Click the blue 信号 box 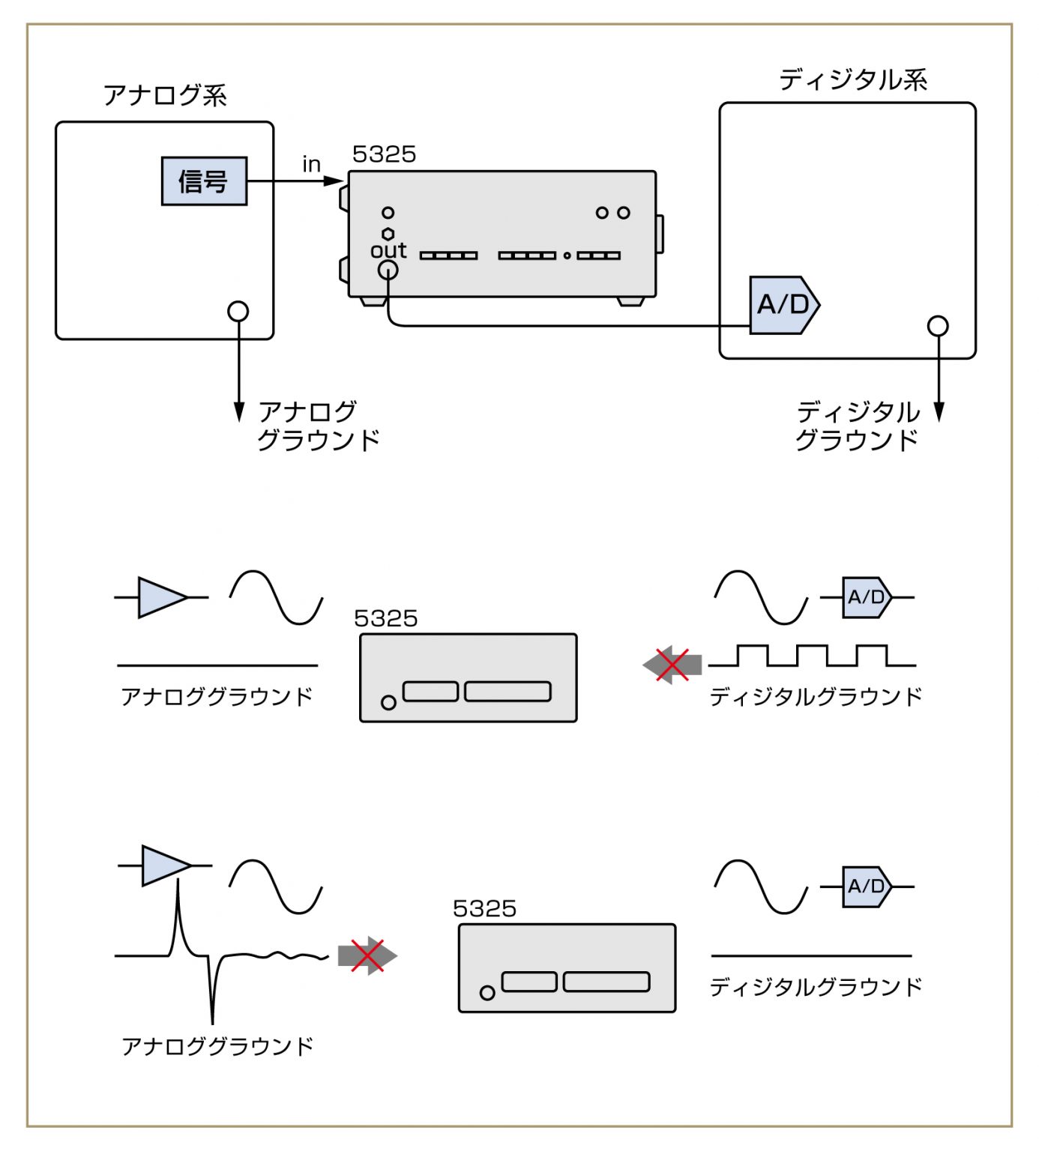[204, 181]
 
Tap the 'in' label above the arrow [311, 164]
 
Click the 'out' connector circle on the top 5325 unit [388, 271]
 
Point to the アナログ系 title [165, 95]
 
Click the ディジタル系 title [852, 79]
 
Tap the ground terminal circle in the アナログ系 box [238, 311]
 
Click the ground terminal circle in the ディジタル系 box [938, 326]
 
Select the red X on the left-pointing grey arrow [672, 665]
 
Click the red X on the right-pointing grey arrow [367, 955]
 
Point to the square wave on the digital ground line [812, 655]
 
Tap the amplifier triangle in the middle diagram [160, 597]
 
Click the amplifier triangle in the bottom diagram [164, 865]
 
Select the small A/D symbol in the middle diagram [867, 597]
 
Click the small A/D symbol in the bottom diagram [867, 886]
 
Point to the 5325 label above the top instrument [384, 154]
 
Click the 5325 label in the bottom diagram [484, 909]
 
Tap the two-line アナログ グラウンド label [318, 426]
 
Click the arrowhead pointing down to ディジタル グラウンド [939, 412]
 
